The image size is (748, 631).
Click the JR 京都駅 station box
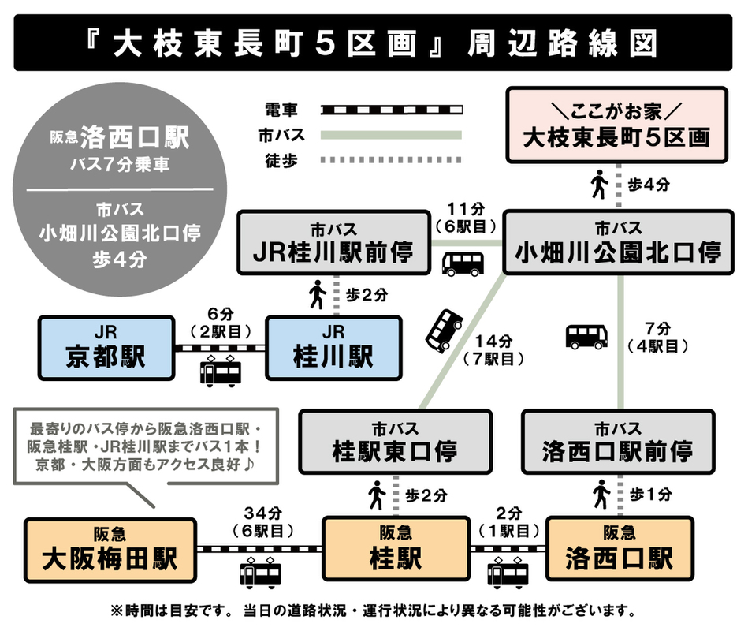(106, 347)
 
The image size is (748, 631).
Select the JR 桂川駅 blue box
(333, 347)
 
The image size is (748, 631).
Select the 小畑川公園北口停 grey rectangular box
(619, 243)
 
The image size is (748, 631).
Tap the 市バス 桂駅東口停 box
(395, 442)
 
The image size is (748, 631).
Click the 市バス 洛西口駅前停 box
(619, 442)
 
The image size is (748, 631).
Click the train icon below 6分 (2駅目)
(219, 372)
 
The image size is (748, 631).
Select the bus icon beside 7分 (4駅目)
(587, 336)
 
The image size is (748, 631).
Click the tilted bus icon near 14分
(444, 330)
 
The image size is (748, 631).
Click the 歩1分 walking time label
(653, 495)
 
